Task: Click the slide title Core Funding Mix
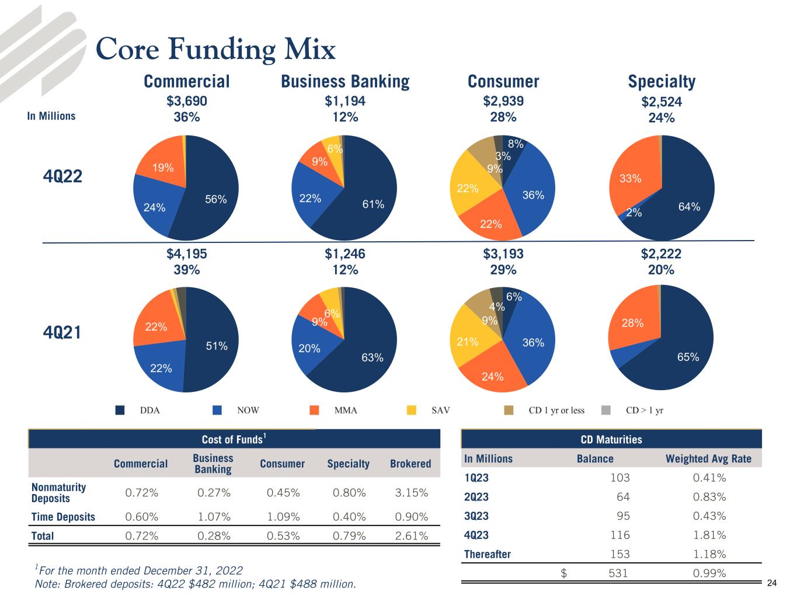(x=215, y=50)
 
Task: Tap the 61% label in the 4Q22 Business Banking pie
(x=373, y=204)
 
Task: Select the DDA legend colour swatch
(x=120, y=410)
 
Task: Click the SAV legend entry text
(x=440, y=410)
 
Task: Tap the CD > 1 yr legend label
(x=644, y=410)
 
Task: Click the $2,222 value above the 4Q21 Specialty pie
(x=661, y=254)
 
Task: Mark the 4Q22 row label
(x=62, y=176)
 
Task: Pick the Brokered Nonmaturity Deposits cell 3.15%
(x=411, y=492)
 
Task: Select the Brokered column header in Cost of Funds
(x=410, y=464)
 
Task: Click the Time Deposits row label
(x=63, y=517)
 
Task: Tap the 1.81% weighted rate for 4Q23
(x=709, y=535)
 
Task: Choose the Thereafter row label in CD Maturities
(x=487, y=554)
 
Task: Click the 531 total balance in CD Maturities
(x=618, y=573)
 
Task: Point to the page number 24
(x=772, y=583)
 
